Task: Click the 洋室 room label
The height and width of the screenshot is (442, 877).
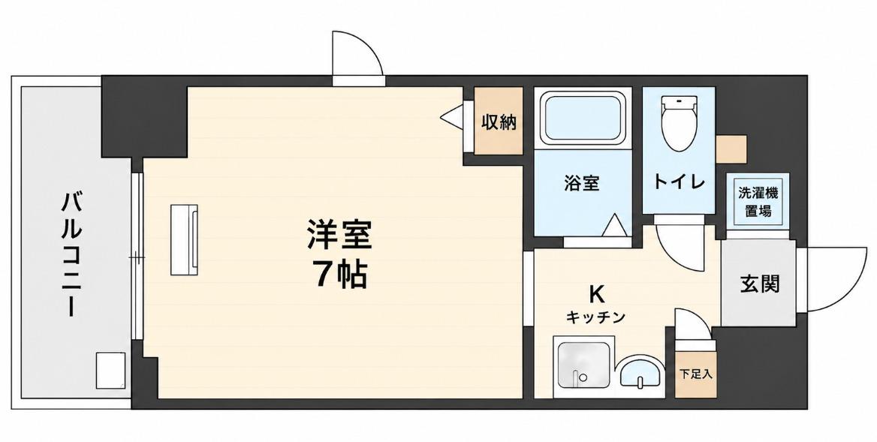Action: point(339,235)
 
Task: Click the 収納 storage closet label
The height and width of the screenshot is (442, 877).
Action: point(499,122)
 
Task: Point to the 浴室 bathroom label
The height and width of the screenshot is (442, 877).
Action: point(582,183)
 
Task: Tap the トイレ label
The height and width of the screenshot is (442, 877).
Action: point(679,182)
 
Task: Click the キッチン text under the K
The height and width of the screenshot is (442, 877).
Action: point(595,317)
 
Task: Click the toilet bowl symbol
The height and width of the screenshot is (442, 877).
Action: point(679,123)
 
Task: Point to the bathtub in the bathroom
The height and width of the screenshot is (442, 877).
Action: point(583,117)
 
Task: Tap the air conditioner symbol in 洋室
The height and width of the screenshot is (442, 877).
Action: point(184,239)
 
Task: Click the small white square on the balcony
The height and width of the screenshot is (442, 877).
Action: point(110,371)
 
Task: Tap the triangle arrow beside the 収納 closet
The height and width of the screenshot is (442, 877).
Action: point(451,117)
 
